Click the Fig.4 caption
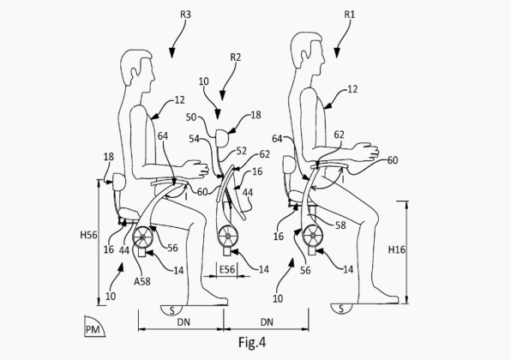252,342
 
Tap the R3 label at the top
185,15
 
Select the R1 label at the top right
349,15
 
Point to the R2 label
235,57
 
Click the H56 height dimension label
88,235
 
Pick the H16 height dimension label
397,250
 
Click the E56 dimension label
227,270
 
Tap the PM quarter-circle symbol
93,327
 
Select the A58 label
142,281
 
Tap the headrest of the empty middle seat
223,137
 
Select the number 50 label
191,117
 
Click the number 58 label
340,225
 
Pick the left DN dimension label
183,322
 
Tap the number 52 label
242,151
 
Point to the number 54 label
195,139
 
